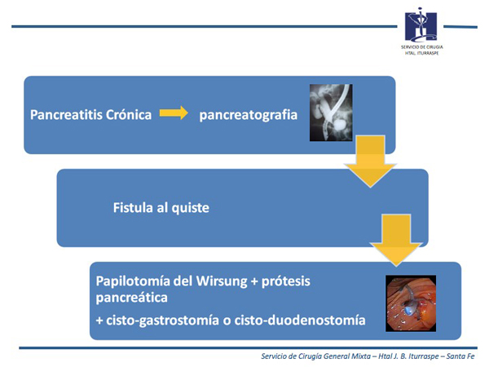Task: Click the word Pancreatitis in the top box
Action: click(x=67, y=115)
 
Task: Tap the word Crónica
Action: click(x=129, y=114)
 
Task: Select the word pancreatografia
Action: click(x=249, y=115)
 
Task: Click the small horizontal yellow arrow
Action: click(x=174, y=113)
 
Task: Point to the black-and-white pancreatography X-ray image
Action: click(x=331, y=113)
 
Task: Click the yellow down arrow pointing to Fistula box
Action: click(x=370, y=161)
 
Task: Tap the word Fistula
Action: click(x=133, y=207)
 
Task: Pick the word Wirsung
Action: click(x=222, y=282)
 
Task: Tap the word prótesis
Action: click(x=286, y=282)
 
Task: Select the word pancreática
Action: click(x=131, y=298)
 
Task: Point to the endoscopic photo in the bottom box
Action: click(x=411, y=303)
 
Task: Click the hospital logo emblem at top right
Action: click(x=421, y=25)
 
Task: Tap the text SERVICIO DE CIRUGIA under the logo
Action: click(x=421, y=47)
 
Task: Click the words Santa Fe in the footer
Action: click(x=460, y=356)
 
